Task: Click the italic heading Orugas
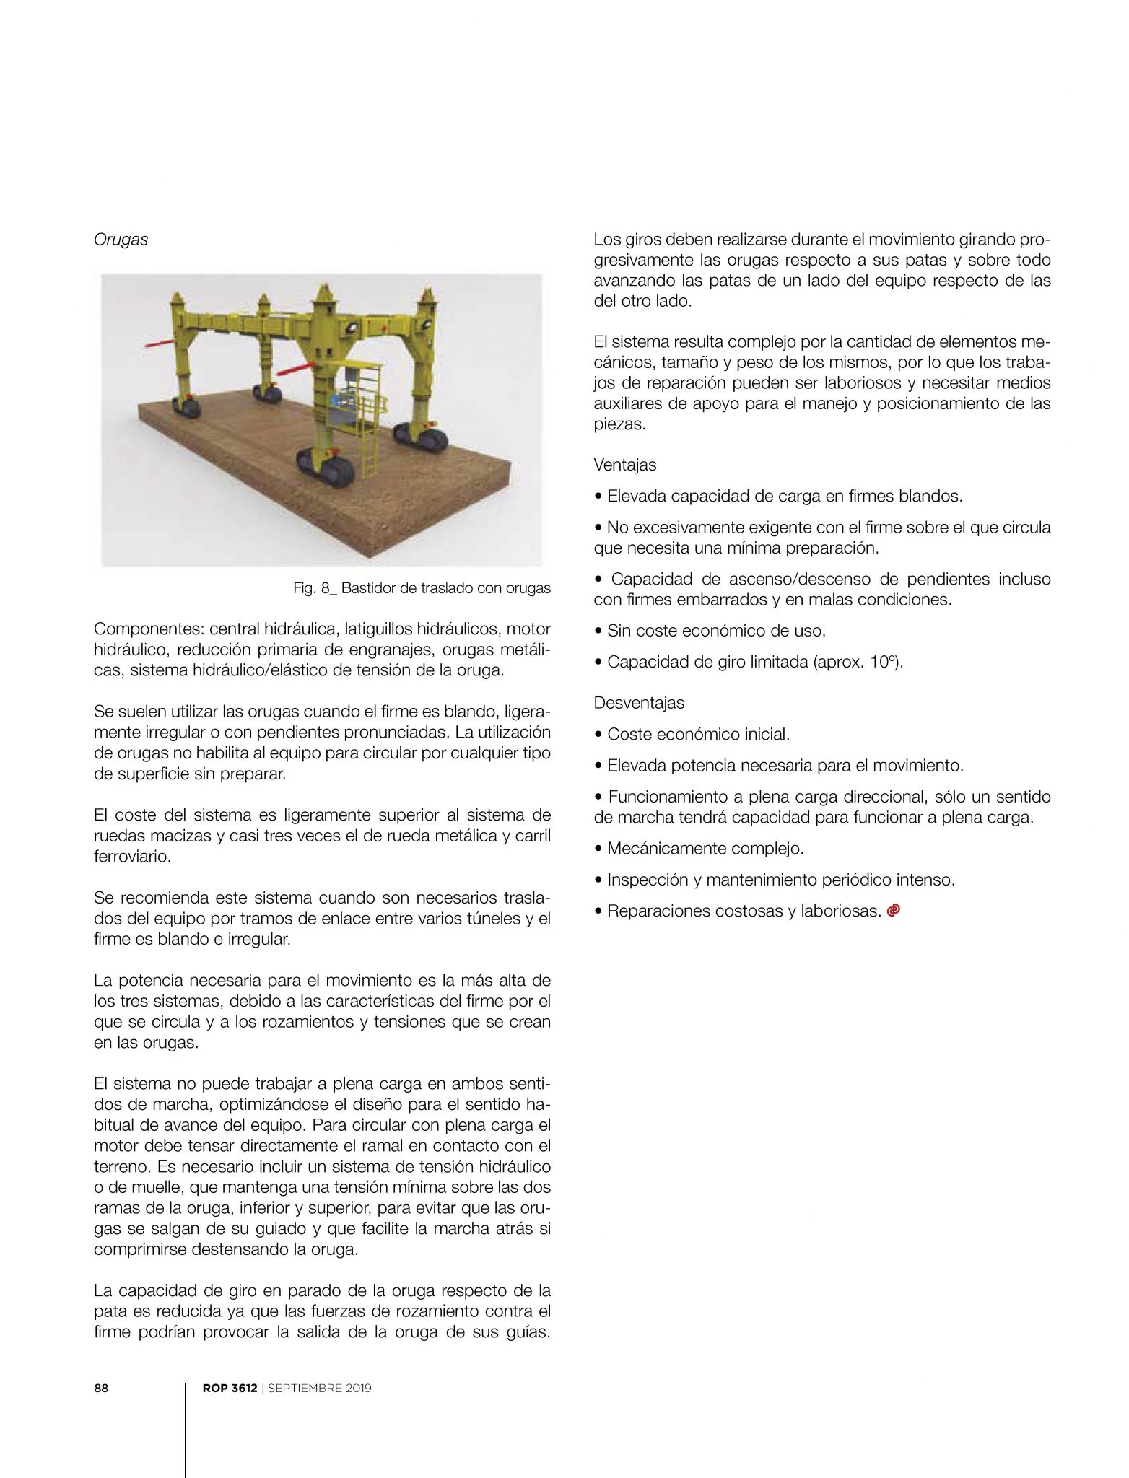[x=121, y=240]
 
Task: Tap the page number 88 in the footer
[x=101, y=1389]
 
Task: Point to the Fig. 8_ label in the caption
[x=315, y=588]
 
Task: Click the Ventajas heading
[x=624, y=465]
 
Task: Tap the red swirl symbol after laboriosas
[x=894, y=911]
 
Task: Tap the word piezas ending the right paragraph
[x=617, y=424]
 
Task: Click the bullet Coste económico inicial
[x=698, y=734]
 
